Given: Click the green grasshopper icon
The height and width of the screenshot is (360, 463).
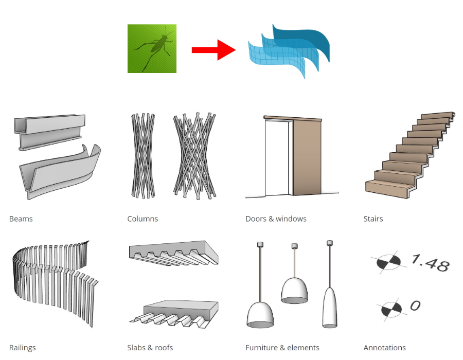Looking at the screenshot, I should [x=152, y=48].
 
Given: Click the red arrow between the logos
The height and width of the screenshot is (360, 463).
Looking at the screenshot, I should [x=213, y=50].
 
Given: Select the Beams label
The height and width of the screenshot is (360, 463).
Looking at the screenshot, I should [x=21, y=219].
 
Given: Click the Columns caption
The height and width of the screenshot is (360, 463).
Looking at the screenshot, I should [x=143, y=219].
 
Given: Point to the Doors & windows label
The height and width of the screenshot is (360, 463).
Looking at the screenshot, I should [x=276, y=219].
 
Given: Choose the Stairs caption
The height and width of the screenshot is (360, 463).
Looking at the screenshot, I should [x=373, y=219].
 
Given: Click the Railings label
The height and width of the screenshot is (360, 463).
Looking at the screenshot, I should [x=23, y=348].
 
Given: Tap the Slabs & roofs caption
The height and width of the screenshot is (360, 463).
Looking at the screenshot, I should [x=150, y=348].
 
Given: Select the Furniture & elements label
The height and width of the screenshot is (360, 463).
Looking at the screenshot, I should [x=282, y=348].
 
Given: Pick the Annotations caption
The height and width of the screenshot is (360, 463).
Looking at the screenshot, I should [x=384, y=348].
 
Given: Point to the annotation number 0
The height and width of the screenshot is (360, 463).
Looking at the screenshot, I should [x=415, y=306].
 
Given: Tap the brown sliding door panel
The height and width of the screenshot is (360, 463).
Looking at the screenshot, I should [x=307, y=158].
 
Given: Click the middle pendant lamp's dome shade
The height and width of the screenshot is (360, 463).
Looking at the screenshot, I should [x=294, y=291].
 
